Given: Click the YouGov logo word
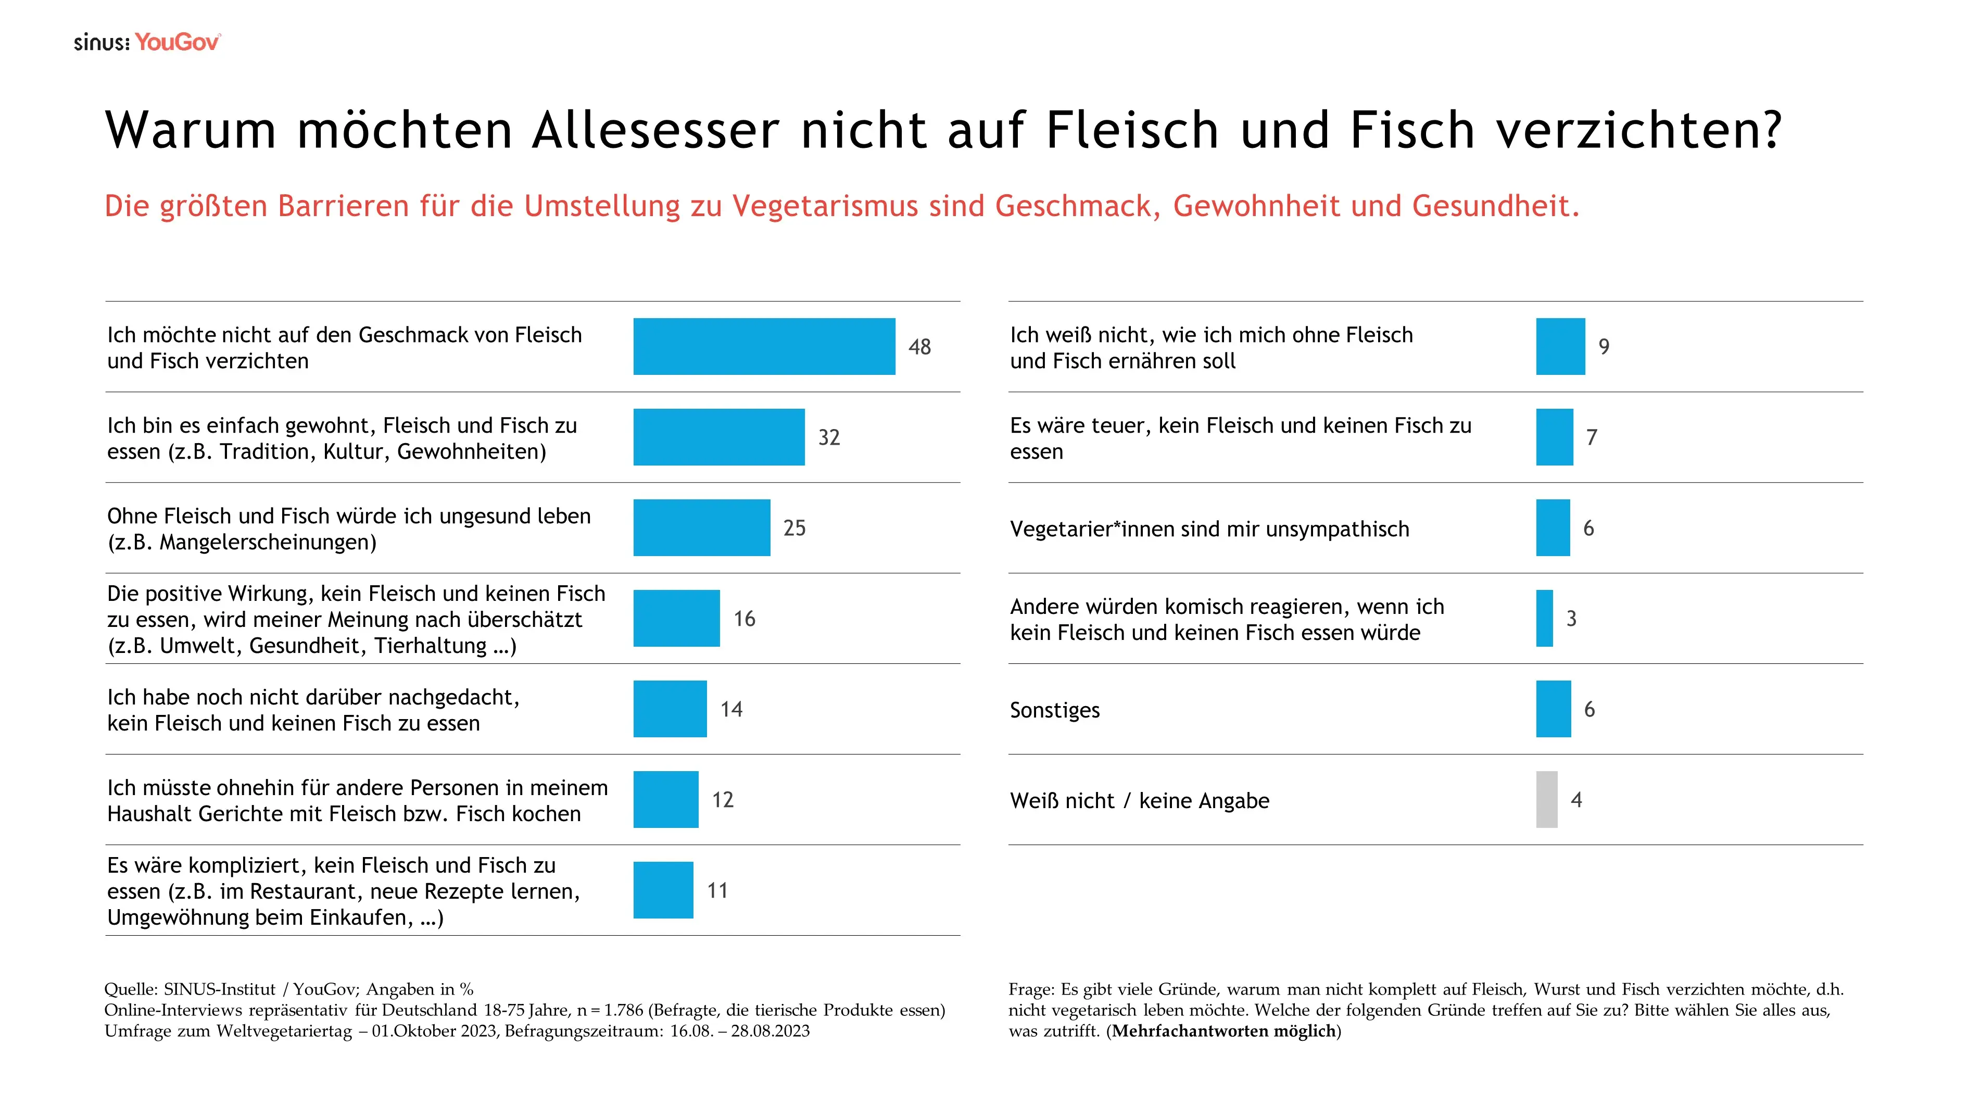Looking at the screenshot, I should (177, 42).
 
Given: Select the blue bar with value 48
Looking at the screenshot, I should (764, 346).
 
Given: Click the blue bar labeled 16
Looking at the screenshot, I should (676, 618).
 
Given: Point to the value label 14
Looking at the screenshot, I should (731, 709).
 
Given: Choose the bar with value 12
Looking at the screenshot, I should (665, 799).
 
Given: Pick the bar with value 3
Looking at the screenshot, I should (1544, 618).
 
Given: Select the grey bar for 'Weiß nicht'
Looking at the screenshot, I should (1546, 799).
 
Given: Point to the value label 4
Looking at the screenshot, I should (1576, 800).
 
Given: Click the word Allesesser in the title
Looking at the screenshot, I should (655, 129).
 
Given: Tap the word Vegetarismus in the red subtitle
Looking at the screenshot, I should (825, 206).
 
